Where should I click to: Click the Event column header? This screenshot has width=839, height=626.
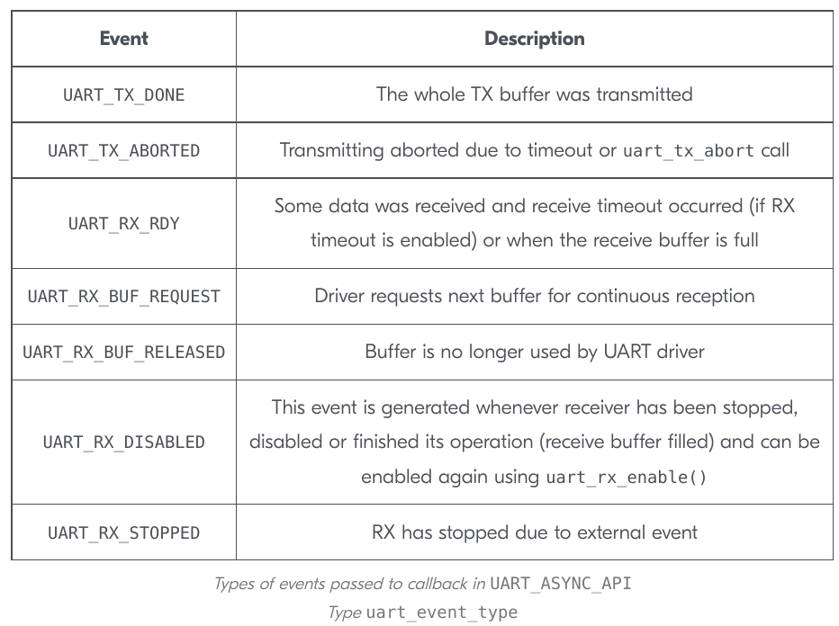(123, 39)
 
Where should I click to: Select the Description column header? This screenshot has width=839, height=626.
(534, 39)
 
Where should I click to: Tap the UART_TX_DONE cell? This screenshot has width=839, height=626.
(123, 95)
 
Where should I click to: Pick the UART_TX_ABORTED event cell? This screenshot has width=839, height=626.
(123, 151)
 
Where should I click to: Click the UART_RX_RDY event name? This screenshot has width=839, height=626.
(123, 223)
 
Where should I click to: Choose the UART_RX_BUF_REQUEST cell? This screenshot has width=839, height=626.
(123, 297)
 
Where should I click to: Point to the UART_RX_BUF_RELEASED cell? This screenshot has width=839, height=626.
(123, 353)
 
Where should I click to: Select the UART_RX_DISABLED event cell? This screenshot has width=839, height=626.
(123, 443)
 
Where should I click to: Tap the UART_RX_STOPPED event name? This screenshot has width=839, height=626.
(123, 533)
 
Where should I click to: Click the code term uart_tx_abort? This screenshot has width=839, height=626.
(689, 151)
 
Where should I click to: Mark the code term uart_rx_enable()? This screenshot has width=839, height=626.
(626, 477)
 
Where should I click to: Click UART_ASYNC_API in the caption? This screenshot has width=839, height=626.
(560, 583)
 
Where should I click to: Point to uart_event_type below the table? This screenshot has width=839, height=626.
(441, 613)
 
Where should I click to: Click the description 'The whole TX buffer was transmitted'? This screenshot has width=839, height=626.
(534, 94)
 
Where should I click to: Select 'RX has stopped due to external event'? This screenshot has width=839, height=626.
(534, 532)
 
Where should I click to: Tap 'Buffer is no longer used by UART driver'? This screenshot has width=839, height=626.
(534, 352)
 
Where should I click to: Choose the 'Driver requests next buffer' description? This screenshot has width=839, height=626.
(534, 296)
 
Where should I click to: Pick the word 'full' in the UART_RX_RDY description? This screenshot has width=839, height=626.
(746, 240)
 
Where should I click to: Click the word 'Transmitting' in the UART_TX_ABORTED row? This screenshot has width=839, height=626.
(332, 151)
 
